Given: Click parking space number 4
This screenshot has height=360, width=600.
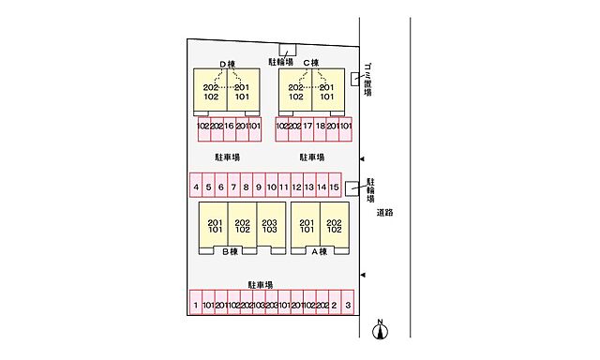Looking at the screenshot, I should [x=196, y=187].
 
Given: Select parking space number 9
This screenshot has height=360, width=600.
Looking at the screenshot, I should [x=258, y=187].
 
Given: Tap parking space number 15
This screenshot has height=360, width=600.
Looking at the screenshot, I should [x=334, y=187].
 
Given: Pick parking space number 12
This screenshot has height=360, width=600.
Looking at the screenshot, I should [x=295, y=187].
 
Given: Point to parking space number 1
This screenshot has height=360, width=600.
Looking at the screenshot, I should [x=196, y=306].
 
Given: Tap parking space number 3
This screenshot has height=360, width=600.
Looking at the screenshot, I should [x=347, y=306].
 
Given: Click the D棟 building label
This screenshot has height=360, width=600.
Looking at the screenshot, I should [x=228, y=64].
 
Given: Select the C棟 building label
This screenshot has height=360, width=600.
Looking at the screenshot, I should [x=311, y=64].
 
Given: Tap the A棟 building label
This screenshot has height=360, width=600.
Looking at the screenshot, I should [x=319, y=251].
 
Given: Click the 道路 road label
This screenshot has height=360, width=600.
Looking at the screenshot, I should [x=384, y=213].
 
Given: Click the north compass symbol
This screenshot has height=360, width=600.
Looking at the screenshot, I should [x=380, y=330].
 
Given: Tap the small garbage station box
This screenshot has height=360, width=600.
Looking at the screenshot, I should [x=355, y=79].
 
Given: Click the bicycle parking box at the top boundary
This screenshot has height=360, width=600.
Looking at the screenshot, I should [x=288, y=50].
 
